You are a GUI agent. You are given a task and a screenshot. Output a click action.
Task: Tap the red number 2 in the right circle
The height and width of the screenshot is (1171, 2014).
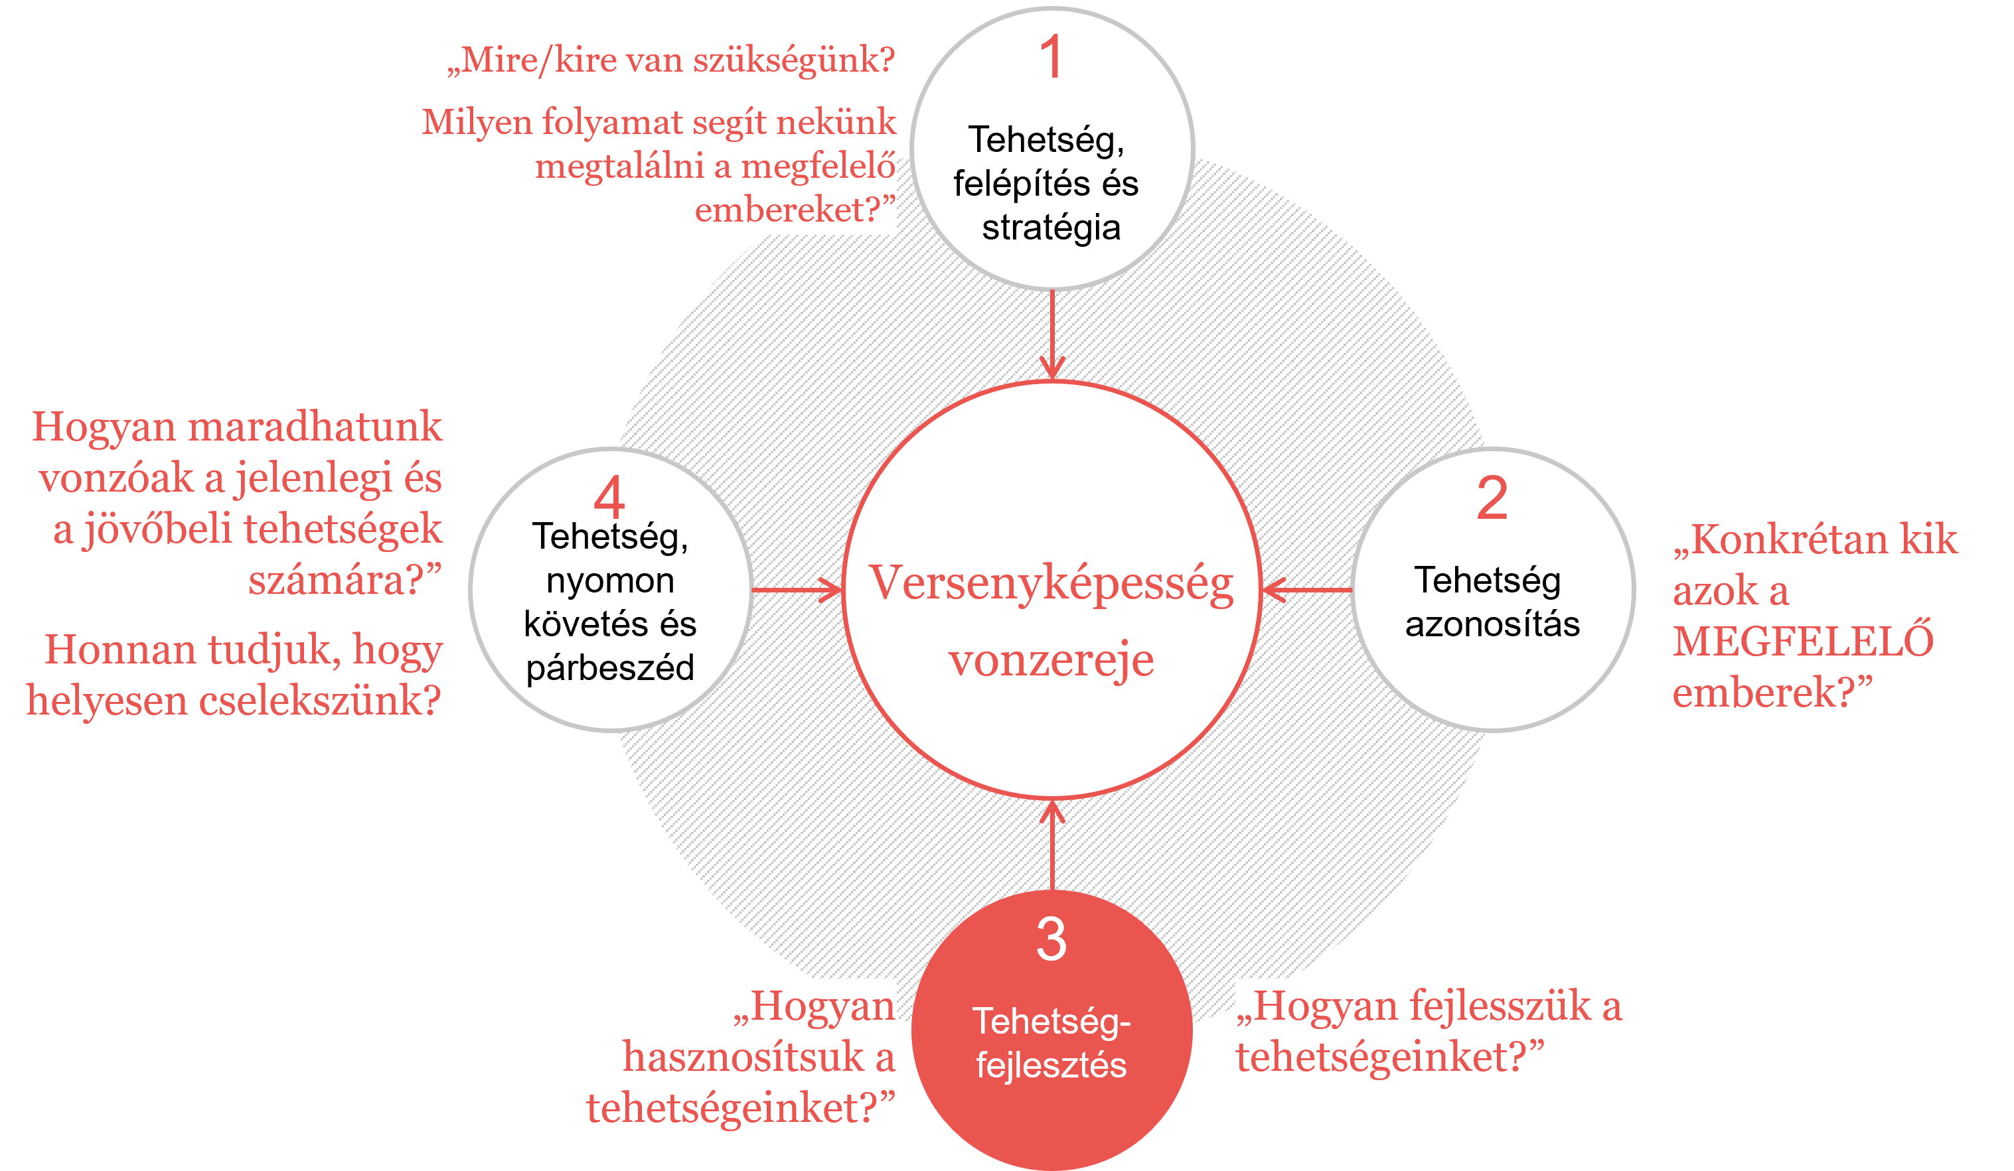(x=1492, y=498)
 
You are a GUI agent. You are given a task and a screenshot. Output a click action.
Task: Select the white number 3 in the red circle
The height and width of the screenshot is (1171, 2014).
(x=1051, y=939)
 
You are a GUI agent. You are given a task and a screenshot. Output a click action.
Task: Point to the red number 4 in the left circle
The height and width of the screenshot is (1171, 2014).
(x=609, y=496)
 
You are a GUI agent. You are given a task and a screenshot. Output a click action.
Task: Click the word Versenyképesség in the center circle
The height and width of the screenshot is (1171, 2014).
(x=1051, y=584)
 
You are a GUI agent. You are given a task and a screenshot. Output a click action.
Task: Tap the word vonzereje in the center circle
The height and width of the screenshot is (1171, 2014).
(x=1051, y=659)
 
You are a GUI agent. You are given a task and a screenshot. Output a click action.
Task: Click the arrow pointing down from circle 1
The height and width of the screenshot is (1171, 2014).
(x=1051, y=334)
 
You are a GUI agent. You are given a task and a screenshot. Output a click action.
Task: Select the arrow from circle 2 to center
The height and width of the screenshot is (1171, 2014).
(x=1308, y=590)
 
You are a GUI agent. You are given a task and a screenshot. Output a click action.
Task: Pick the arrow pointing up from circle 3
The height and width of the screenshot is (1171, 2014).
(x=1051, y=846)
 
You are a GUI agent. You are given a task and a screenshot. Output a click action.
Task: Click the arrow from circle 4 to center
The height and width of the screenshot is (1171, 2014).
(x=797, y=590)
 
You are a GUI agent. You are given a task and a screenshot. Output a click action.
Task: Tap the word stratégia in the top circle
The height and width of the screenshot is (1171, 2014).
(x=1051, y=228)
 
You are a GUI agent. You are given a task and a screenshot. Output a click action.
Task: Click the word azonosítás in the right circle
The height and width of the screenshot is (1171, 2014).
(x=1493, y=624)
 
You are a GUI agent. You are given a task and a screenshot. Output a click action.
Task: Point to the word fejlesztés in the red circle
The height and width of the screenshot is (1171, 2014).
(x=1051, y=1066)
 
